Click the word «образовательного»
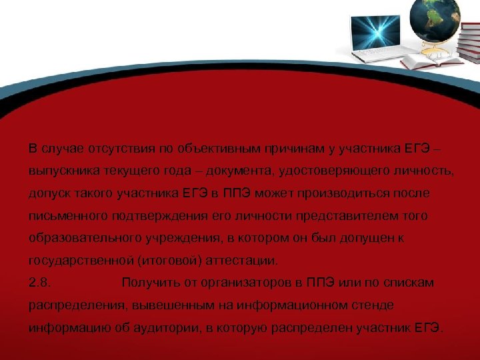[x=81, y=238]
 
